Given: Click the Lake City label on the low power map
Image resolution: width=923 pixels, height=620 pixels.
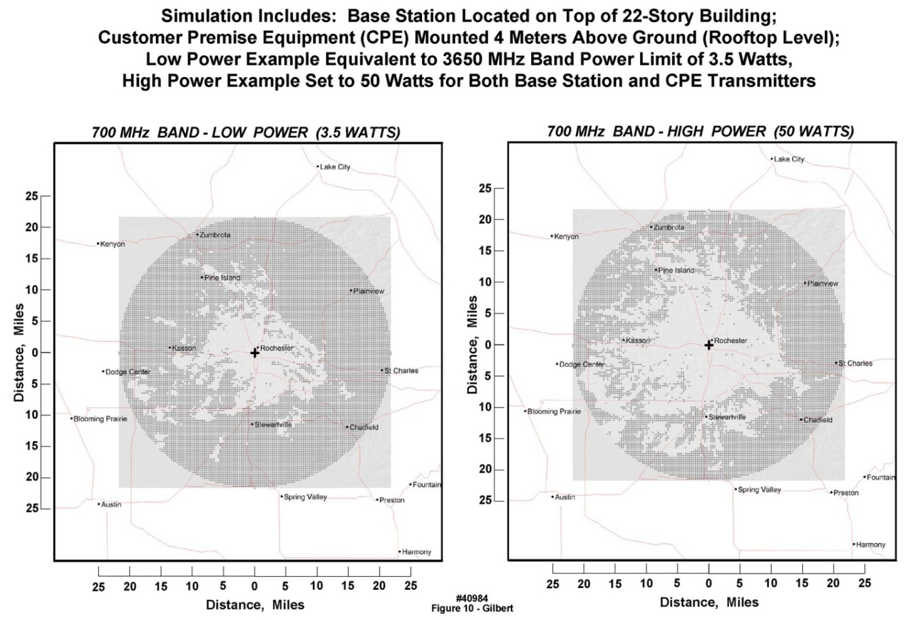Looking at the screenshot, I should point(335,167).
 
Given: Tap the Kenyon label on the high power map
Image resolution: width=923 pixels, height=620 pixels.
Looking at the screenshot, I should point(566,237).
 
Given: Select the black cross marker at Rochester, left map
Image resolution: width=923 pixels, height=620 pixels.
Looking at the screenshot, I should point(255,353).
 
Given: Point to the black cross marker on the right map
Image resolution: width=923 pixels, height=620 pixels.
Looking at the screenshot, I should point(709,345).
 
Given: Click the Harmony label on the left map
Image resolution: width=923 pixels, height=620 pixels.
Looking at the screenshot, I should point(416,552).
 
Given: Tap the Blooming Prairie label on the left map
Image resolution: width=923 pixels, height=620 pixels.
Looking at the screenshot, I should point(100,419).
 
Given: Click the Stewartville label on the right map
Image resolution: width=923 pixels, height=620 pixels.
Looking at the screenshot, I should point(727,417).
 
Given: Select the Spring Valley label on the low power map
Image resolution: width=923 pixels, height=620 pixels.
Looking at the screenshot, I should point(305,497).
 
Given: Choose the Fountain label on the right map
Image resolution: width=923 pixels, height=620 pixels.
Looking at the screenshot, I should point(881,478).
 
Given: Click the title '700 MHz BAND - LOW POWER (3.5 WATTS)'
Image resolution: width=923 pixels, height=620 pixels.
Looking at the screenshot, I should point(246,133).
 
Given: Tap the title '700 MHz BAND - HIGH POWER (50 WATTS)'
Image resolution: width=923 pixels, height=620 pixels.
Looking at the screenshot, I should point(700,131).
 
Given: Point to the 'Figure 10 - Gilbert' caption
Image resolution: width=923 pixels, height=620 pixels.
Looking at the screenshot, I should point(472,608).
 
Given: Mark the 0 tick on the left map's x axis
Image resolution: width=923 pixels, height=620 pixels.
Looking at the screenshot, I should point(255,586).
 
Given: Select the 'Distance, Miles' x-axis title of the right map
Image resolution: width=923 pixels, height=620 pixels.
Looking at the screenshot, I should point(709,602).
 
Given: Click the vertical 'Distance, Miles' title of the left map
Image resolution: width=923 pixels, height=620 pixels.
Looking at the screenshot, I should point(20,353).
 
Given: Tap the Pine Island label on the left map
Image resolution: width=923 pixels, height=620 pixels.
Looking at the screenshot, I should point(223,278).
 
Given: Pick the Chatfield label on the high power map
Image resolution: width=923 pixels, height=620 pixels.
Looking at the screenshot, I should point(818,420).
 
